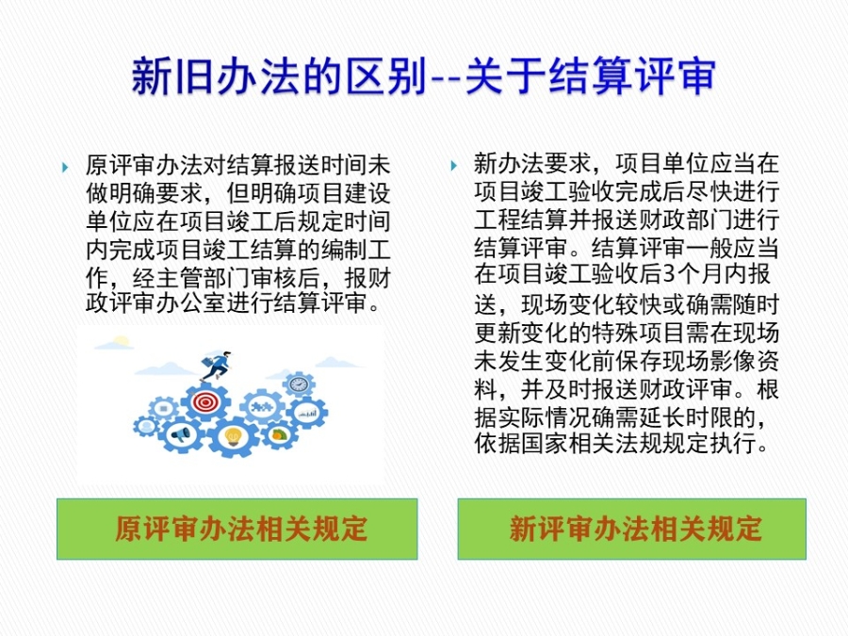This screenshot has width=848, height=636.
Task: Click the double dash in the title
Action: (446, 79)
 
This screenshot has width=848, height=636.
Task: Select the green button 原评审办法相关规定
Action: (236, 529)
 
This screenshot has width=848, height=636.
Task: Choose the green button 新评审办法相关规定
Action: (631, 529)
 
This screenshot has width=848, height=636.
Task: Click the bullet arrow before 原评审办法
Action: (65, 167)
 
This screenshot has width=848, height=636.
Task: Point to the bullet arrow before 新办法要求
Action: (454, 166)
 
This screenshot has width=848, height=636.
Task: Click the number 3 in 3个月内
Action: (670, 274)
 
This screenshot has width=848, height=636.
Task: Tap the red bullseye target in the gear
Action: (205, 401)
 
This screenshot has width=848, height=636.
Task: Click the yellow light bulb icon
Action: (233, 436)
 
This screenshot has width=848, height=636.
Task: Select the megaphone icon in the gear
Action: (181, 434)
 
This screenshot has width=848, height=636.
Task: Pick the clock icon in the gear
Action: (299, 384)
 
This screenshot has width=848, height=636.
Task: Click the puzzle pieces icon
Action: (262, 406)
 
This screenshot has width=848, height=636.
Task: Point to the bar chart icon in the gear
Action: (308, 414)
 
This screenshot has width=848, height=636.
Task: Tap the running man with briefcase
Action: (217, 366)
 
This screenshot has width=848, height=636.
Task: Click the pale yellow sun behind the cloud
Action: (122, 341)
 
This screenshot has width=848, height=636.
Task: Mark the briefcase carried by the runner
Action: (207, 361)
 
